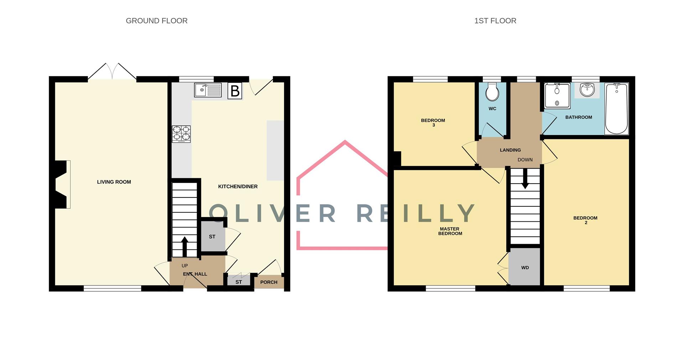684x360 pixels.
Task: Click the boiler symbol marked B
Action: tap(235, 91)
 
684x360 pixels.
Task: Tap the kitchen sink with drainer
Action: tap(208, 90)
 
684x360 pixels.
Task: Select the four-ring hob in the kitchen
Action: tap(181, 134)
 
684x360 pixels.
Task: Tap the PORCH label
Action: tap(269, 282)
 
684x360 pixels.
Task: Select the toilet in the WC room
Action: tap(492, 92)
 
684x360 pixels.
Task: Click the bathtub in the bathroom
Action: tap(616, 109)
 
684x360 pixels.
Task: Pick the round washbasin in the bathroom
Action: tap(587, 90)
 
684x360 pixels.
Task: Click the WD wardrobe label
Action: tap(525, 267)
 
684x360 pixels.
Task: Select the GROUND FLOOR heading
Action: tap(156, 21)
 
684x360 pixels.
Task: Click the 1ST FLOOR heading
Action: tap(495, 21)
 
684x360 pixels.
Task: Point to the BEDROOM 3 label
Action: tap(433, 122)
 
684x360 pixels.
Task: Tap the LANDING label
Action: tap(510, 150)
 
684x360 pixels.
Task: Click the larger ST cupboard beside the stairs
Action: tap(212, 236)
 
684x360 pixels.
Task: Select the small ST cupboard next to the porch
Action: tap(239, 282)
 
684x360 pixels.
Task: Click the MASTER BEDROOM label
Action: tap(450, 231)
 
